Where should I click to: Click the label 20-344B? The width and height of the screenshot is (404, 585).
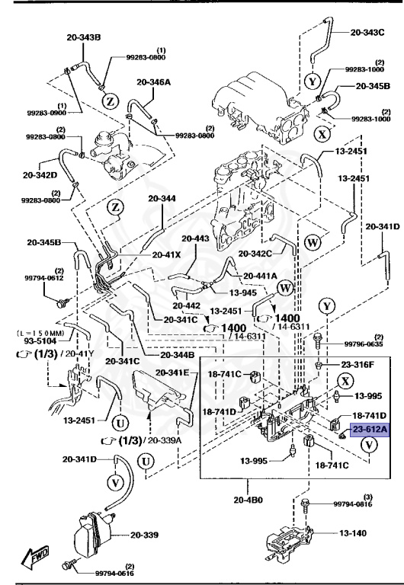click(x=177, y=355)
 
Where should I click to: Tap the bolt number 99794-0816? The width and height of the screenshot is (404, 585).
click(x=355, y=504)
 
